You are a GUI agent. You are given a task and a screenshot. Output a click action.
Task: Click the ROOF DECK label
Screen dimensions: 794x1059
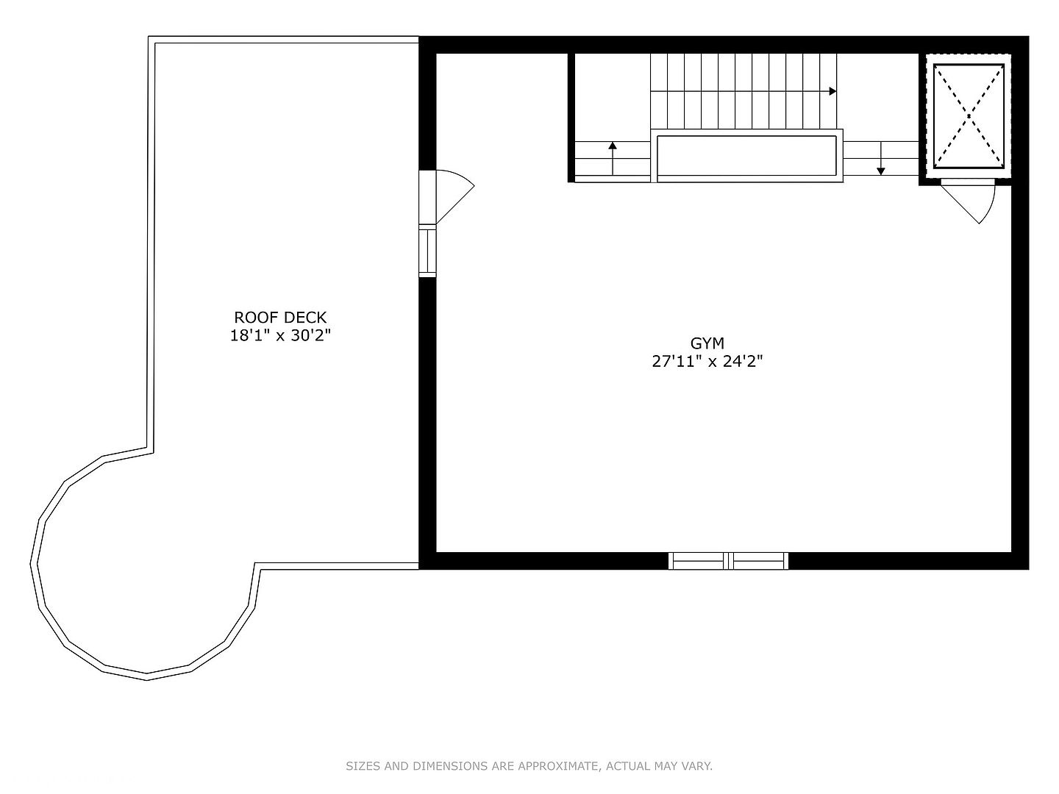coord(280,318)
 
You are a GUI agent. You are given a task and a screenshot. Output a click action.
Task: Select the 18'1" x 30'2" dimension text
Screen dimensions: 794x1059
coord(280,336)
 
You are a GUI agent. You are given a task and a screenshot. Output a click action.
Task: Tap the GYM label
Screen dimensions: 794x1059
coord(707,343)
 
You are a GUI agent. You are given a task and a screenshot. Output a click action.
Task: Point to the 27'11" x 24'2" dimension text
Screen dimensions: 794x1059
coord(707,362)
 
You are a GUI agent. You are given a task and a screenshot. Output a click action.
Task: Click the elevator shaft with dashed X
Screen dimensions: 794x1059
coord(969,115)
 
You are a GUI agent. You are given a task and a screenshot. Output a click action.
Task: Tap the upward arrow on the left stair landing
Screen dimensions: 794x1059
coord(613,157)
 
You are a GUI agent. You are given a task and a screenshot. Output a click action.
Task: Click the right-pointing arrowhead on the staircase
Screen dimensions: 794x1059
coord(832,91)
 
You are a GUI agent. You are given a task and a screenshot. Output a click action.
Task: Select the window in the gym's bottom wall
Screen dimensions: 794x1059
coord(728,561)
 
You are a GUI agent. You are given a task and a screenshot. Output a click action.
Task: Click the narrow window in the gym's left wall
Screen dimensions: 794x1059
coord(427,251)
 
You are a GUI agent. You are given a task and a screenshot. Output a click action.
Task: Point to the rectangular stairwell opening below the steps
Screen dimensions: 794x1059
coord(746,155)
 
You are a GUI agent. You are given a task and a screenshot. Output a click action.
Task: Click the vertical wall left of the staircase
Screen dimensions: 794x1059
coord(571,118)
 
